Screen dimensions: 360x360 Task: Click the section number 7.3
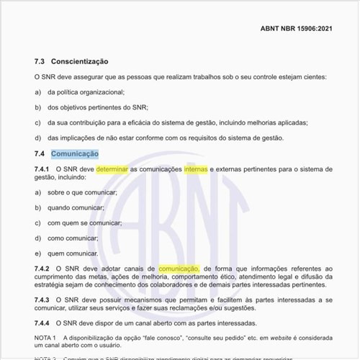point(40,62)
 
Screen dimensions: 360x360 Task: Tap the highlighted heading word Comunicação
point(75,153)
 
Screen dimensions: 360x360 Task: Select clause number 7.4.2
point(42,269)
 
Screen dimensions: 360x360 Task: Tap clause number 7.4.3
point(42,299)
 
